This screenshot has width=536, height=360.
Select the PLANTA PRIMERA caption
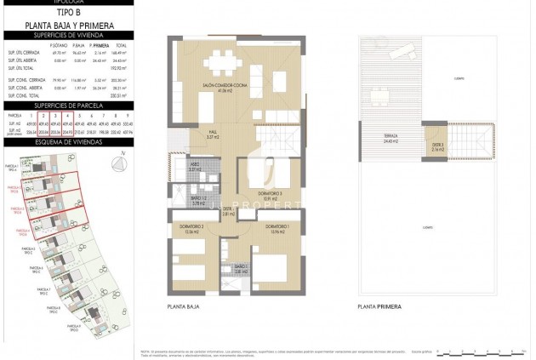pyautogui.click(x=380, y=304)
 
